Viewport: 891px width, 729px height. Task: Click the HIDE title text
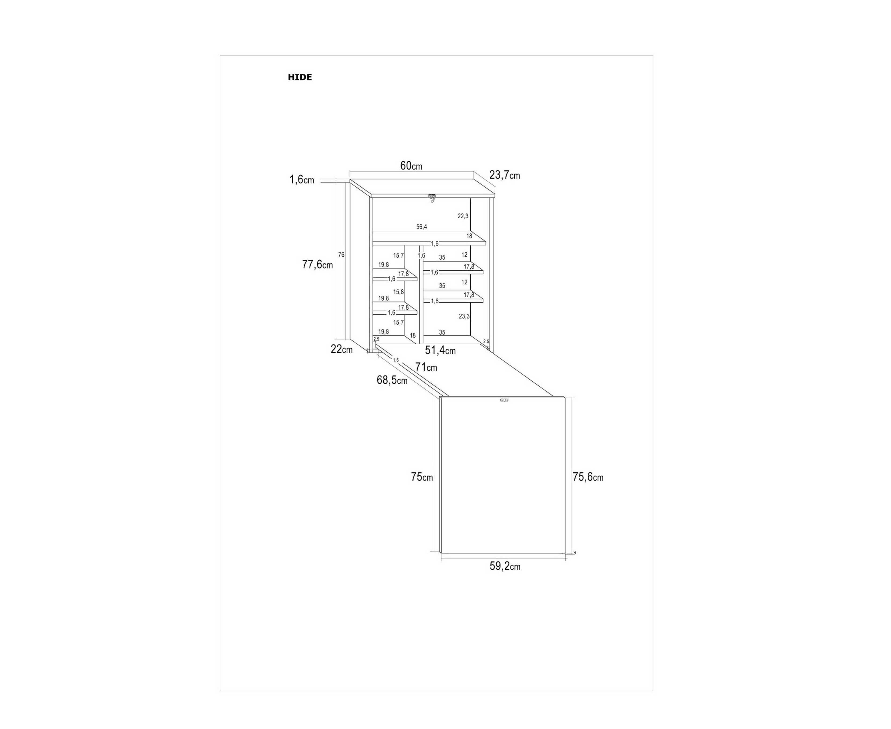(300, 77)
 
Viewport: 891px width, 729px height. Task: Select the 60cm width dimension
(411, 166)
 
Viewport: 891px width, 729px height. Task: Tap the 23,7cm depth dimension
(504, 175)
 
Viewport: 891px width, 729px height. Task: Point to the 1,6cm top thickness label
(301, 180)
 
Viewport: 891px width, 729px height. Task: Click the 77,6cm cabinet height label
(317, 264)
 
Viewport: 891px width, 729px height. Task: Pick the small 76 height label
(341, 255)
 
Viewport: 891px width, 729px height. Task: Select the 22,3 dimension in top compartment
(463, 216)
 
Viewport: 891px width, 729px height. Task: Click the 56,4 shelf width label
(421, 227)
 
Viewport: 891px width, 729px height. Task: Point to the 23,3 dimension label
(464, 316)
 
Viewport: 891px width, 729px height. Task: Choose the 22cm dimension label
(341, 349)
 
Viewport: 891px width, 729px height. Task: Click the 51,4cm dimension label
(440, 350)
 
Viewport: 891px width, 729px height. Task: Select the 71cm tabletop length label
(426, 367)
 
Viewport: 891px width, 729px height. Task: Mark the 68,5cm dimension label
(392, 380)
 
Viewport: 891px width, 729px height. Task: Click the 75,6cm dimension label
(588, 477)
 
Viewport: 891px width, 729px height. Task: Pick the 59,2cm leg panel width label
(505, 566)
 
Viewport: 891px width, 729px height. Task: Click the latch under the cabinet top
(432, 197)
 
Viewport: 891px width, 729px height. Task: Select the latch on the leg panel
(504, 400)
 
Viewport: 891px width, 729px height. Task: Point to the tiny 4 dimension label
(574, 553)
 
